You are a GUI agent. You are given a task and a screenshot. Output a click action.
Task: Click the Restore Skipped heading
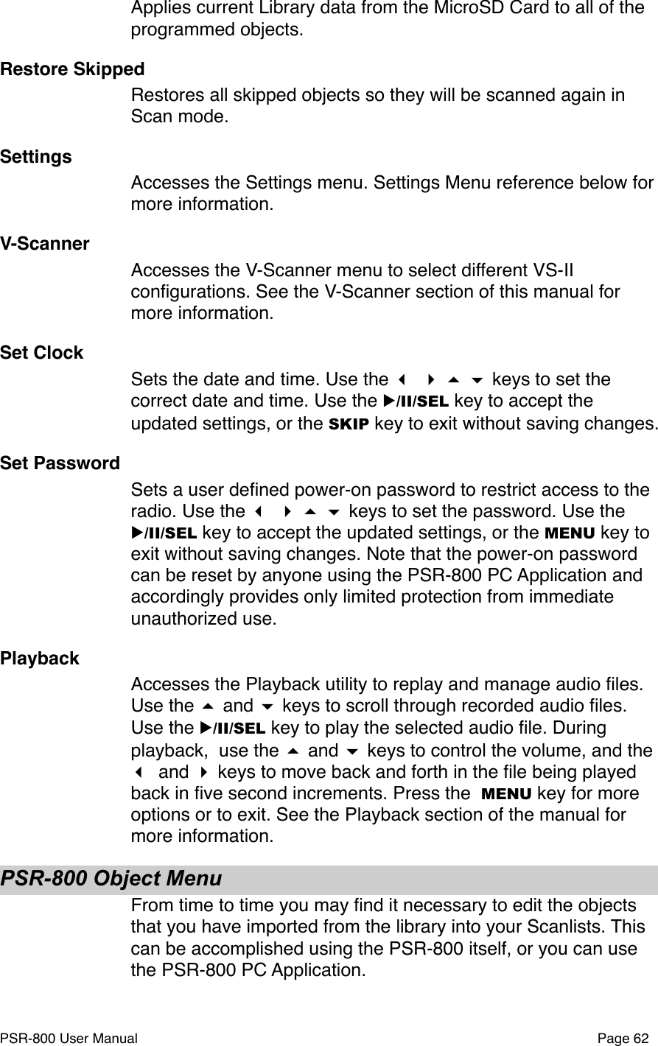pos(73,69)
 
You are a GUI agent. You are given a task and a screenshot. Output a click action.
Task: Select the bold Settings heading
pos(36,157)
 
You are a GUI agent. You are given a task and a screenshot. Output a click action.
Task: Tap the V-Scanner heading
pos(45,244)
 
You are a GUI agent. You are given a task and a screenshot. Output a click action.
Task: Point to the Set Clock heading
pos(42,353)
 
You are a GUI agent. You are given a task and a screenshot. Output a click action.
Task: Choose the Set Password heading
pos(60,463)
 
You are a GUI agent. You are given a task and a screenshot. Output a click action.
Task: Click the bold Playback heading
pos(40,658)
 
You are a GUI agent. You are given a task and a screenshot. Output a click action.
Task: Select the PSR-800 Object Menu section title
pos(111,879)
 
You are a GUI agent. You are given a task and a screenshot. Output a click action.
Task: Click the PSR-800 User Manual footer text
pos(69,1038)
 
